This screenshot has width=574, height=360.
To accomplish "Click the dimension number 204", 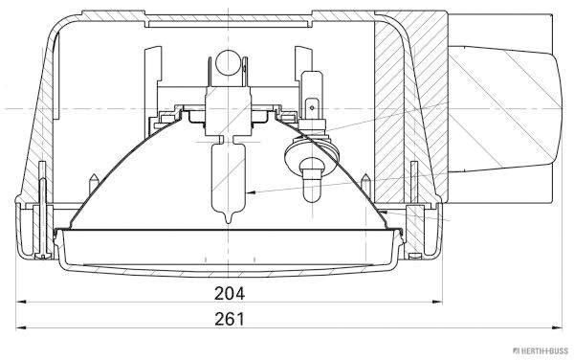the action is [230, 293].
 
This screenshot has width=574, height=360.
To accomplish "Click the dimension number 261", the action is [230, 319].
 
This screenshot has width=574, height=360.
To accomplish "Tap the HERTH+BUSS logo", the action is [541, 350].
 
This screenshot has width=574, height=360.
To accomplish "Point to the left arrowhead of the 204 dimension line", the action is [21, 303].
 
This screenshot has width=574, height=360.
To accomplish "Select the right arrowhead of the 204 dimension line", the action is [437, 303].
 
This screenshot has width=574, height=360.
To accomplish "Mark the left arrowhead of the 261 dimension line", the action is [21, 327].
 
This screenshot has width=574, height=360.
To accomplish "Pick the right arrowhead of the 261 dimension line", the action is [557, 327].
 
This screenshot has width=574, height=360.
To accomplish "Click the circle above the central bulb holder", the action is [227, 63].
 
